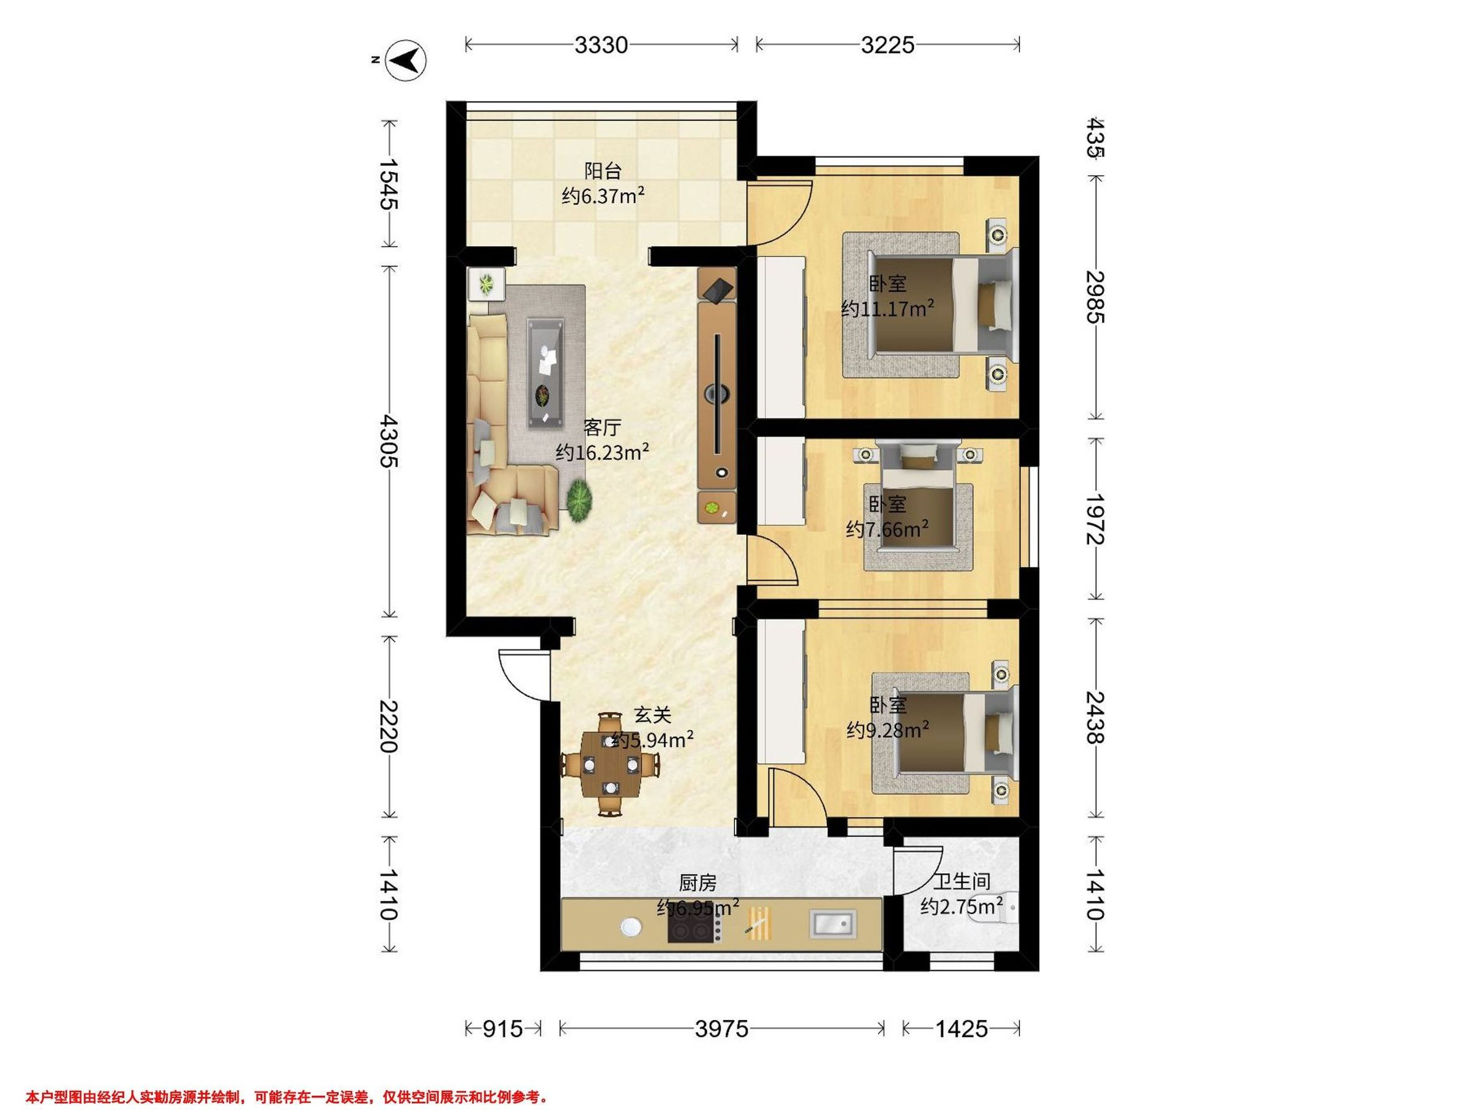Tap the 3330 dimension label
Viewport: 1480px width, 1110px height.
[601, 45]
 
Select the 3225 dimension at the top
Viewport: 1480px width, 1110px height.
[887, 45]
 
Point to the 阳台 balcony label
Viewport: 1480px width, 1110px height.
[603, 171]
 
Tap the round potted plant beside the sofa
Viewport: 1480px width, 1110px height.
[580, 498]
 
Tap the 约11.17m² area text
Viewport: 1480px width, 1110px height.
[887, 309]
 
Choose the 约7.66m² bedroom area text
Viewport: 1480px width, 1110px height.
[887, 529]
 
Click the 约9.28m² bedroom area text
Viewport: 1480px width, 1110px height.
[888, 730]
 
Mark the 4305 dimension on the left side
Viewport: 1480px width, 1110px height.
[388, 441]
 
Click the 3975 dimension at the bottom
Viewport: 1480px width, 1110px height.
[721, 1029]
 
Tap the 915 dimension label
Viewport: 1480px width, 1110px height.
[503, 1029]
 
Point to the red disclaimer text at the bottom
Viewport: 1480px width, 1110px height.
[287, 1097]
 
